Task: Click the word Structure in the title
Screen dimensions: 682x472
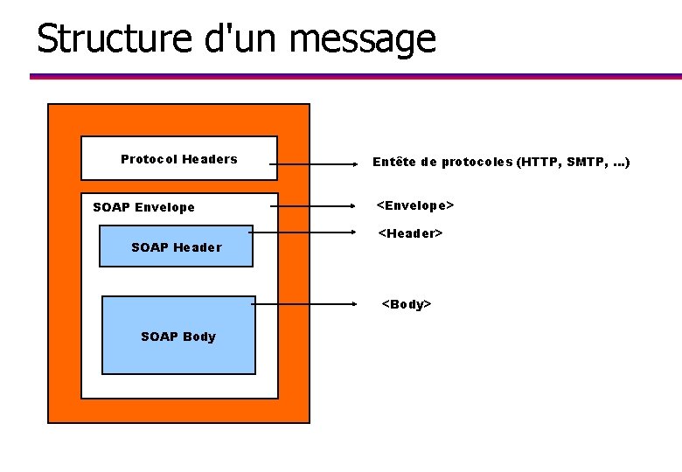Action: [x=96, y=38]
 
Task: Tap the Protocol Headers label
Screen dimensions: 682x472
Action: [x=178, y=159]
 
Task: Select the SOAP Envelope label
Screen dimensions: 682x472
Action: [x=143, y=207]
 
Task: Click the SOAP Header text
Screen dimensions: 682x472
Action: [x=176, y=247]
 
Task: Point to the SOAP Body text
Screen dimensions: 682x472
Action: [x=177, y=337]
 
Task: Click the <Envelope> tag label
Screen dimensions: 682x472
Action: [x=414, y=205]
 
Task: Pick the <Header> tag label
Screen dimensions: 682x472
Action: [x=410, y=233]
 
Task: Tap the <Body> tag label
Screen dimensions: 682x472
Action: [x=407, y=304]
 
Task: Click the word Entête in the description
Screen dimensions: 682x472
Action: [x=394, y=162]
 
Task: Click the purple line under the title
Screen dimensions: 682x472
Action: [x=350, y=77]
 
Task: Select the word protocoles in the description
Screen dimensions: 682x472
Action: [x=477, y=162]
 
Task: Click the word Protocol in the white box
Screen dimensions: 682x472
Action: [x=148, y=159]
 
